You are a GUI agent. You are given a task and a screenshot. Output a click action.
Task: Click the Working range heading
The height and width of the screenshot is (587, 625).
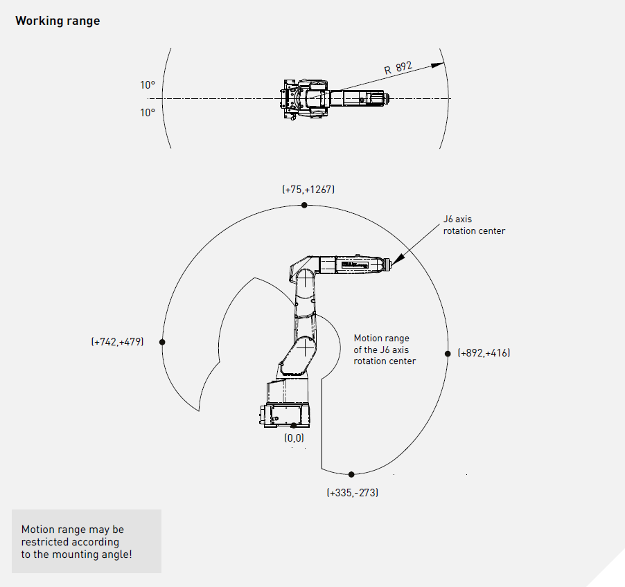click(58, 21)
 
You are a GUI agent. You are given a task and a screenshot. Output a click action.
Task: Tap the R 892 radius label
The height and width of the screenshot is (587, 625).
click(398, 68)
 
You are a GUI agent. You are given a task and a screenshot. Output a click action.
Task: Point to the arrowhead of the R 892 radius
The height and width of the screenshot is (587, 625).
click(438, 65)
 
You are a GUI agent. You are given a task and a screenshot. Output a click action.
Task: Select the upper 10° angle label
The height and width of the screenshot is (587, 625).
click(148, 85)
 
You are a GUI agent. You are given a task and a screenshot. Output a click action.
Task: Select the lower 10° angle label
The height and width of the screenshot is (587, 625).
click(148, 113)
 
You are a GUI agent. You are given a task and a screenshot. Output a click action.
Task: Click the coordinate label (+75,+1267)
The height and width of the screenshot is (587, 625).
click(308, 190)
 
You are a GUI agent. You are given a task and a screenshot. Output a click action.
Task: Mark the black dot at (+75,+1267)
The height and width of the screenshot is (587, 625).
click(304, 205)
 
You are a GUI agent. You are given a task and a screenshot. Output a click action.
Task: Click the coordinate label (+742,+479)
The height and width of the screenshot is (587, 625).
click(117, 342)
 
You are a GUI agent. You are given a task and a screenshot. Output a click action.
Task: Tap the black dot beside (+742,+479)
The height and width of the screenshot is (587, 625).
click(162, 342)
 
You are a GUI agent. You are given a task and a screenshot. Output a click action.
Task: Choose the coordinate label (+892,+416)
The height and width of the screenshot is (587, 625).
click(484, 353)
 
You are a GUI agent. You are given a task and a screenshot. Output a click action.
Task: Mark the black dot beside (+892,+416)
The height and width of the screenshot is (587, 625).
click(448, 354)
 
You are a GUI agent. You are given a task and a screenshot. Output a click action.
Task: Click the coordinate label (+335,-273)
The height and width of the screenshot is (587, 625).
click(353, 493)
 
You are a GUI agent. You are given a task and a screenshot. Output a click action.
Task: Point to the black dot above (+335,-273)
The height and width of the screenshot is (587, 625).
click(351, 474)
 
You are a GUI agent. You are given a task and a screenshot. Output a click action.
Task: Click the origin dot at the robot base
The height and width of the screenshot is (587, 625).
click(294, 425)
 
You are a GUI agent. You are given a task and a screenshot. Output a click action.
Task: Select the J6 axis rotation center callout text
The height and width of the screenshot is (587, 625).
click(474, 225)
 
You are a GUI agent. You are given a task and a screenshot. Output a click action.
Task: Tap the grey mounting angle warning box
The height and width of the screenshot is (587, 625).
click(87, 541)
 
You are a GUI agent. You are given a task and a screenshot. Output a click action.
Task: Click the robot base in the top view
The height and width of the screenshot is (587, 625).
click(295, 99)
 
